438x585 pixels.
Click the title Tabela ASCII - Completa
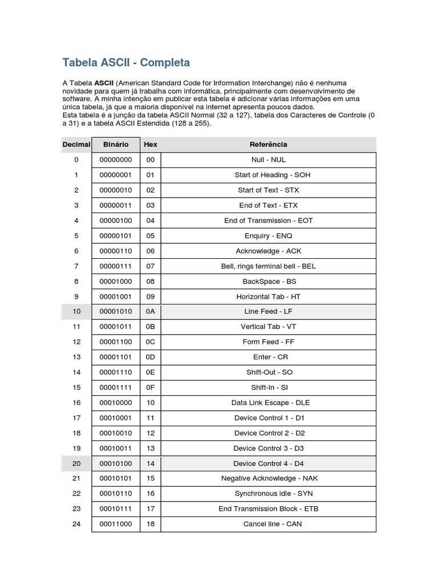[126, 62]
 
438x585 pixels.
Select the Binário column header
[115, 145]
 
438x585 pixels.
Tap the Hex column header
[151, 145]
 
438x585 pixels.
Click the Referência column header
[268, 145]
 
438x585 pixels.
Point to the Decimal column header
[76, 145]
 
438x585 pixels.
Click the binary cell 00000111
[115, 266]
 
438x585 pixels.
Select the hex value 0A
[151, 312]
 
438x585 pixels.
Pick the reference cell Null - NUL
[268, 160]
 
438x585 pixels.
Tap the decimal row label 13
[76, 357]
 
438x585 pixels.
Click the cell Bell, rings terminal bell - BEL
[268, 266]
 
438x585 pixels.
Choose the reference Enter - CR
[268, 357]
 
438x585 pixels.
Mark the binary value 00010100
[115, 463]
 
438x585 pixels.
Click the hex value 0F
[151, 387]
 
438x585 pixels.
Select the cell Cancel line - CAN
[268, 524]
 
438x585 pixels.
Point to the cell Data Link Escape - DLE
[268, 403]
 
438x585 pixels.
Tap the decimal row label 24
[76, 524]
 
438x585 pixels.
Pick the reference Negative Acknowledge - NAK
[268, 478]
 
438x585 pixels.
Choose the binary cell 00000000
[115, 160]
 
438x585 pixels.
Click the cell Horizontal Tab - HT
[268, 296]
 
